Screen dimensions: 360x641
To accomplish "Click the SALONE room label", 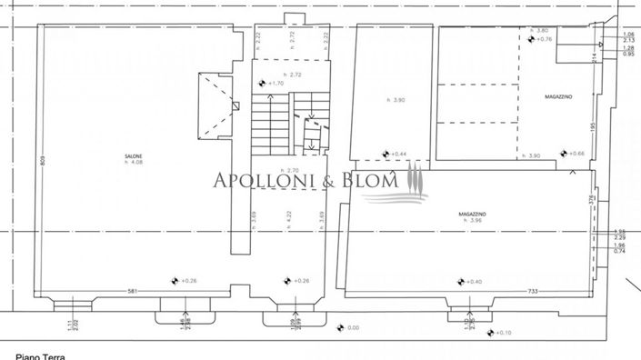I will (x=133, y=156).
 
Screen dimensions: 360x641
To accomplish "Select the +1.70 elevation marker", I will (x=274, y=84).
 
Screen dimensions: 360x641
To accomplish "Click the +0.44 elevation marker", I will (x=394, y=154).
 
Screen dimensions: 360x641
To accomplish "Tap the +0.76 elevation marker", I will (x=538, y=39).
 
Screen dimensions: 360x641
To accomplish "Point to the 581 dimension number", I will (x=133, y=291).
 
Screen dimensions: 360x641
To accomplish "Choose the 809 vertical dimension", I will (x=42, y=161).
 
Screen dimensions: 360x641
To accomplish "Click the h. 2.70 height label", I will (x=290, y=171).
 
